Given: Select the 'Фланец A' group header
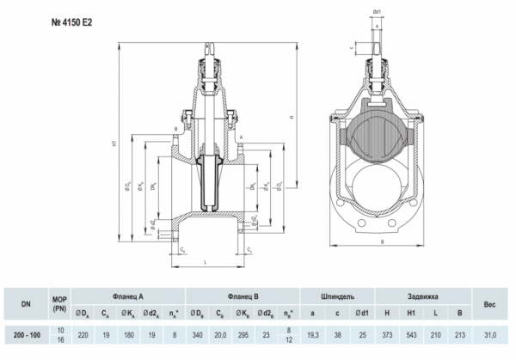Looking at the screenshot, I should (127, 295).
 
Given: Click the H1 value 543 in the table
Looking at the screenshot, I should (413, 333).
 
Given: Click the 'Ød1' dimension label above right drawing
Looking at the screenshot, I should (377, 13).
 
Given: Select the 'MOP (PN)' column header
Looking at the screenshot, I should (59, 302).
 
